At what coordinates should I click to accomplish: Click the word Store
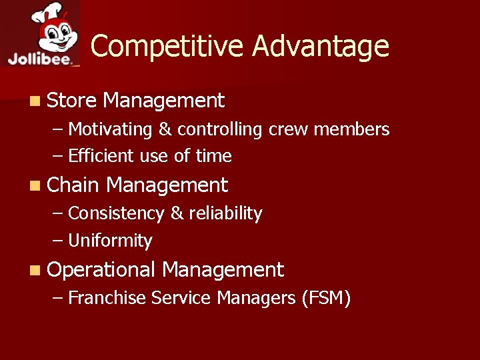click(72, 101)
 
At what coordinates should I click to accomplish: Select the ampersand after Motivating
click(164, 129)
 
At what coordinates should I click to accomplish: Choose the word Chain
click(73, 185)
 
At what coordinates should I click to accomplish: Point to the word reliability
click(225, 213)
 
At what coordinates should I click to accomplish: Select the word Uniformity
click(110, 241)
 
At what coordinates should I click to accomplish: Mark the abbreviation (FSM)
click(325, 298)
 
